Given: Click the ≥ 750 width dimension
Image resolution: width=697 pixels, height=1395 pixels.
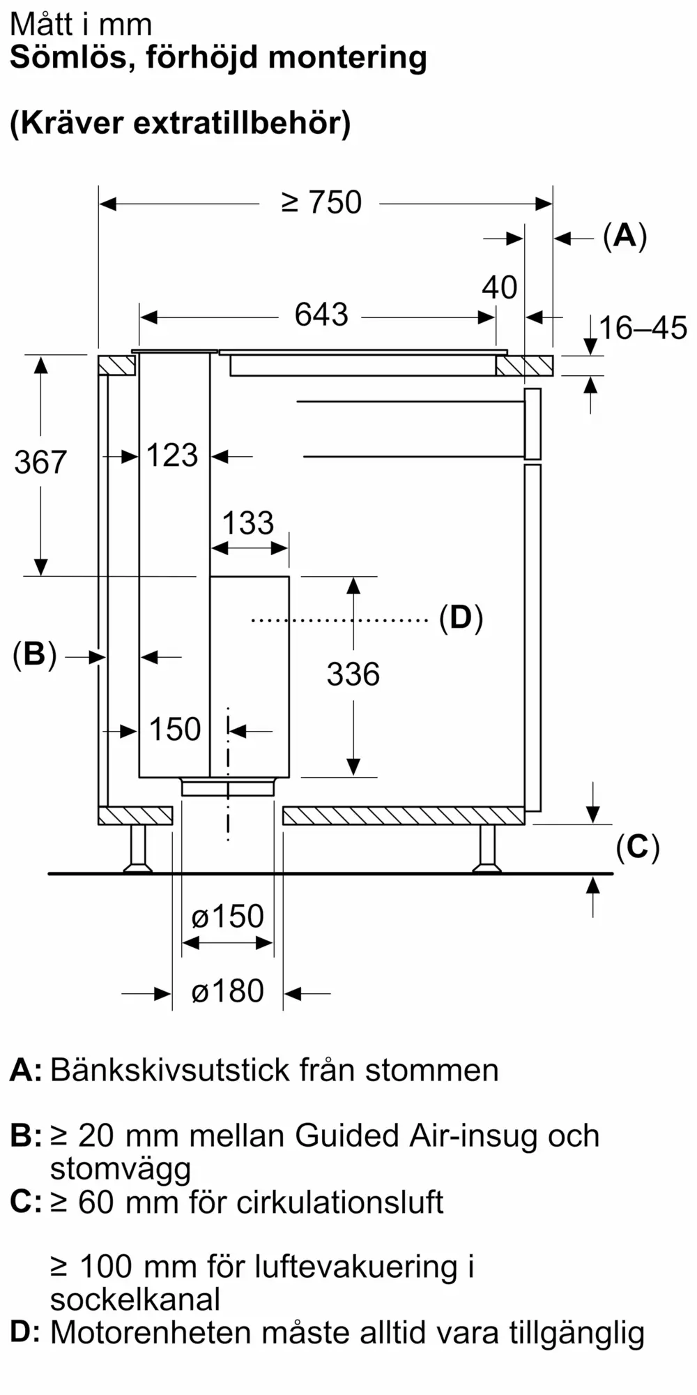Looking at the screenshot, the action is tap(321, 202).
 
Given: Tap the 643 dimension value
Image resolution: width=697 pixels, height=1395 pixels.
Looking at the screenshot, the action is tap(321, 315).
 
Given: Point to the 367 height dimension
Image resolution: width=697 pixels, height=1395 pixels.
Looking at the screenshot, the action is tap(40, 462).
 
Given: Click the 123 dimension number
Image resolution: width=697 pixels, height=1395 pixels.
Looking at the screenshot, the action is tap(173, 455).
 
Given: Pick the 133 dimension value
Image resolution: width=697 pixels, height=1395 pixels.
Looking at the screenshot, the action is tap(248, 523).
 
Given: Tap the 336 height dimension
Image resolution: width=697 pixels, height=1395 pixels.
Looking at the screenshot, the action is tap(353, 674).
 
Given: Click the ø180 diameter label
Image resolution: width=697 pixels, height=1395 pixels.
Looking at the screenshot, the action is tap(228, 991).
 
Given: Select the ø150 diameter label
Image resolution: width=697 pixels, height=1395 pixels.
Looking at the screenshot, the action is tap(228, 917).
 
